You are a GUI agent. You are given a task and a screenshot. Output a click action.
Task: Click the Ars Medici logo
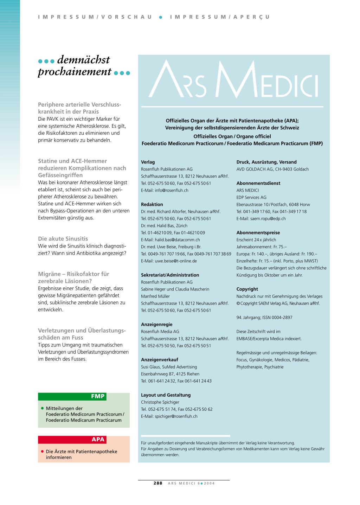tap(233, 80)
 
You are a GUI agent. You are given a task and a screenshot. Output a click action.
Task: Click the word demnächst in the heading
tap(83, 60)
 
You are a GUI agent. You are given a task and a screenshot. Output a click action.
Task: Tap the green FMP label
tap(98, 396)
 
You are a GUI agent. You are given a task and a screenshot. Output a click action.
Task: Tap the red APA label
tap(98, 440)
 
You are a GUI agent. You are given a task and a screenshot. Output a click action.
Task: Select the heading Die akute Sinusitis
tap(63, 239)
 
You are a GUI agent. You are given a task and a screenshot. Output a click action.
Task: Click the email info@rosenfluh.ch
tap(172, 190)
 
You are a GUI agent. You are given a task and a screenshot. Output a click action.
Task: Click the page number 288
tap(158, 483)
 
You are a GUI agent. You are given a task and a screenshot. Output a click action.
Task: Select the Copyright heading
tap(247, 289)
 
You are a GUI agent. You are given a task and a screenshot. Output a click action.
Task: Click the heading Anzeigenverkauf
tap(160, 360)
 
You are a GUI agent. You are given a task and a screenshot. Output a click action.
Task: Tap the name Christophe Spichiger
tap(160, 402)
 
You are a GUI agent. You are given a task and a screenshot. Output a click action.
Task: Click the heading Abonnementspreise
tap(258, 232)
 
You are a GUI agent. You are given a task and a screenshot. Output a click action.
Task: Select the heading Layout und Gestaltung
tap(166, 395)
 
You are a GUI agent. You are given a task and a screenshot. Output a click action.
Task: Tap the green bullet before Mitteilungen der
tap(43, 408)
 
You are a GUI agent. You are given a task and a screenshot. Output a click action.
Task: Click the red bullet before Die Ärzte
tap(43, 451)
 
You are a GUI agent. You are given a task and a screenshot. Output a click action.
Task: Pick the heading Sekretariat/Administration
tap(170, 275)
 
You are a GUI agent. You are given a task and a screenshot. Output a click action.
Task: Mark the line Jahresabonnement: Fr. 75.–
tap(262, 247)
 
